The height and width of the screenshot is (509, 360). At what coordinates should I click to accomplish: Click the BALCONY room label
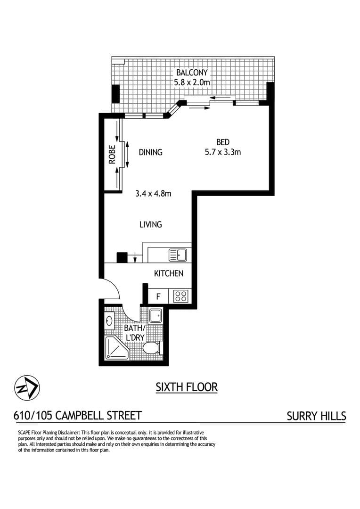191,73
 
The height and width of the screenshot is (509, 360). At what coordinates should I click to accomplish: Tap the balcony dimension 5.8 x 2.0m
191,82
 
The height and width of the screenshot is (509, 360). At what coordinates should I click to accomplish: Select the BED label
222,142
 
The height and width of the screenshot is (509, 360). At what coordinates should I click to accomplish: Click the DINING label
150,152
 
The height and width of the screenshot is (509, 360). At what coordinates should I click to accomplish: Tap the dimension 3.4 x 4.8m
153,193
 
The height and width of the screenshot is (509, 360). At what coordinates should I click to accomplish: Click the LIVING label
150,224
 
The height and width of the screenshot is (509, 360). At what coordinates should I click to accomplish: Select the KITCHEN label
168,273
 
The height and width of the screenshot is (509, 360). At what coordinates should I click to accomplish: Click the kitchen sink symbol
178,255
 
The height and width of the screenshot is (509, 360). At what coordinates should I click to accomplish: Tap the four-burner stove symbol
181,296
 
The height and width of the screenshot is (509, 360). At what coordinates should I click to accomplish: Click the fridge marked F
158,297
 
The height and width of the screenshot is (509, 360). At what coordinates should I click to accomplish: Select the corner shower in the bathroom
114,349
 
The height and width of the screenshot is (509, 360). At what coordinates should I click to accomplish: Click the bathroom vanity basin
109,321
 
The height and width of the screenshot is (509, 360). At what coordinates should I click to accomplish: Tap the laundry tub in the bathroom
155,315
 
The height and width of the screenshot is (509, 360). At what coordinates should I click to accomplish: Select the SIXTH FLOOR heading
187,387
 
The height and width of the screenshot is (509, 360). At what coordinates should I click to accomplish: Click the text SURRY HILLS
316,416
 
